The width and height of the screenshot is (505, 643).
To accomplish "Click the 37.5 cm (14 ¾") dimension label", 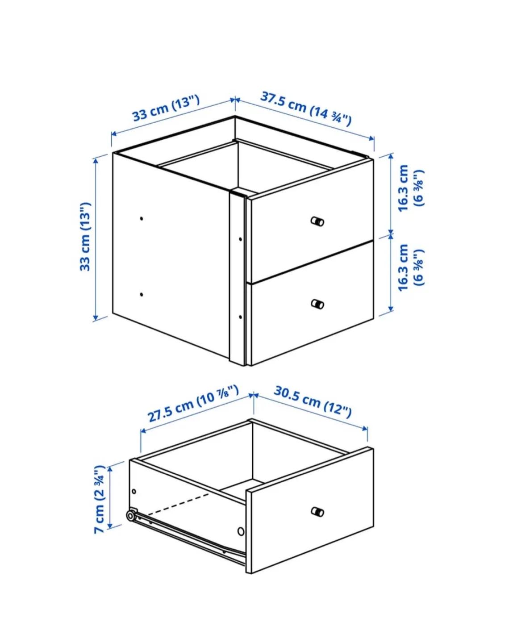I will click(x=306, y=109).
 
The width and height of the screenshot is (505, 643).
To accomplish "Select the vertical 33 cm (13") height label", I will click(x=85, y=236).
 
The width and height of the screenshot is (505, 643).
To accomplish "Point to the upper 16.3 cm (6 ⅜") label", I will click(x=410, y=188).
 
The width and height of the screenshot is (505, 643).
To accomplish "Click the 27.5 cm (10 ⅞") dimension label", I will click(x=193, y=404).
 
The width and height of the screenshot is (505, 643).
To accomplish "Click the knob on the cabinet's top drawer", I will click(x=317, y=221).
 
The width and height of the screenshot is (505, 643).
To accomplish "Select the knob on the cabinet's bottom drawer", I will click(x=317, y=304).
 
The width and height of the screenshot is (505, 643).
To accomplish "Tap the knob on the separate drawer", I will click(x=317, y=512).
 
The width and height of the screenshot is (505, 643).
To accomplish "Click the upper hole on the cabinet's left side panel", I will click(x=142, y=218).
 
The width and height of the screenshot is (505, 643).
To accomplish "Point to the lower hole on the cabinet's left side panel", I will click(x=142, y=294).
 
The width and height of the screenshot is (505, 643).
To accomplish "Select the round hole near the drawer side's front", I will click(x=241, y=531).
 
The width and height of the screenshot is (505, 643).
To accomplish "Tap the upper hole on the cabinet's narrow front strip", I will click(x=240, y=239).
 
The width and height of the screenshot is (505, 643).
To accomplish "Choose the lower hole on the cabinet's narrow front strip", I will click(x=240, y=317).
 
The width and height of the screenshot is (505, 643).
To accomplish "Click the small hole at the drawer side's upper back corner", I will click(x=134, y=492).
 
